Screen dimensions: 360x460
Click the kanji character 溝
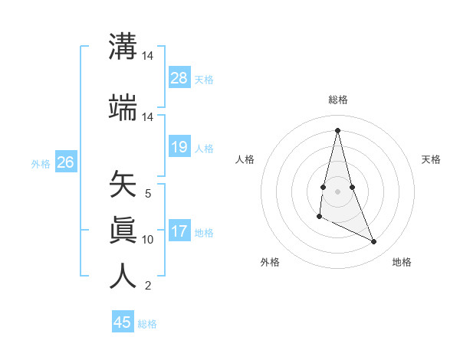pos(123,47)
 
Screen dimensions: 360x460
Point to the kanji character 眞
pos(123,231)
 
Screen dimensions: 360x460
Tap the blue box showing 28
pos(179,78)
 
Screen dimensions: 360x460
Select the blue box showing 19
pos(179,147)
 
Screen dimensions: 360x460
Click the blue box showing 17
pos(179,232)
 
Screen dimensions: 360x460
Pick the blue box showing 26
pos(65,162)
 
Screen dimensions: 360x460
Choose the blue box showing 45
pos(123,322)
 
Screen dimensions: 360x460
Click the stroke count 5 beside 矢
pos(148,194)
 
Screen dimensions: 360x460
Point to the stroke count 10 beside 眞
pos(148,240)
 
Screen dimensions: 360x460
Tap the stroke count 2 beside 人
pos(148,286)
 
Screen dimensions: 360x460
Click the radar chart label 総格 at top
pos(338,100)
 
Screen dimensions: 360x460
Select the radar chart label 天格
pos(431,159)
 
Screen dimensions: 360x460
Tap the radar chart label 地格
pos(402,262)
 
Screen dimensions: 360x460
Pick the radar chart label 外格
pos(270,262)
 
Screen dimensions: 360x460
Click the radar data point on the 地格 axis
pos(374,242)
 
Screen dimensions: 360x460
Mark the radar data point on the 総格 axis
pos(338,130)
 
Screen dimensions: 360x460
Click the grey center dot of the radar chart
pos(338,191)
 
